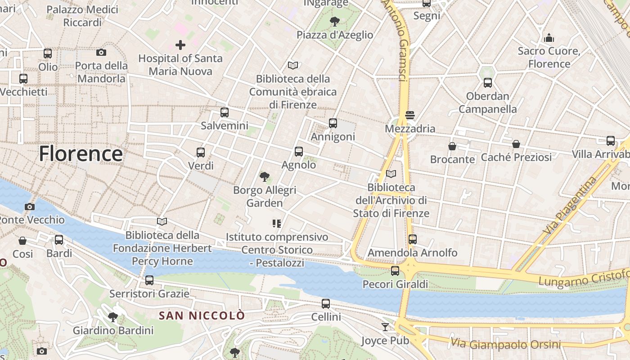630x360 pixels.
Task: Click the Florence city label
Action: [x=81, y=154]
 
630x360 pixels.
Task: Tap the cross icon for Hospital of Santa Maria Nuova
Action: [x=180, y=45]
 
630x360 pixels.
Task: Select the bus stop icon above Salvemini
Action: [x=224, y=112]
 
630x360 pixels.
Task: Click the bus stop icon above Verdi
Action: [x=201, y=153]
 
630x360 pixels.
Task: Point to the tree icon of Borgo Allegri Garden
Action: [x=265, y=177]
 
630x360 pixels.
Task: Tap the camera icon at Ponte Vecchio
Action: [x=30, y=207]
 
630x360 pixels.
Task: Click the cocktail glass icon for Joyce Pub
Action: [x=385, y=327]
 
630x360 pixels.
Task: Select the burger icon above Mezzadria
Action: [x=409, y=115]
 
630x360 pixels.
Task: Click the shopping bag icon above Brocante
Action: [x=452, y=146]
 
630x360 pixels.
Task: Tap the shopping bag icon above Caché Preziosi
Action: [x=516, y=144]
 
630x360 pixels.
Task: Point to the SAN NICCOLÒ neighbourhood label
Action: [x=202, y=315]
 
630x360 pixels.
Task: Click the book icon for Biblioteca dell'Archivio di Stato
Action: [x=391, y=174]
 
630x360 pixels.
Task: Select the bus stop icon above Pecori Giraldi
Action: [x=395, y=271]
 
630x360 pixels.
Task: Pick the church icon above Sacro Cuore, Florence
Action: [x=549, y=38]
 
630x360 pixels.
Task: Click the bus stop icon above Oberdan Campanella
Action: [x=488, y=83]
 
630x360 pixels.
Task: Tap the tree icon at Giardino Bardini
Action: [x=113, y=317]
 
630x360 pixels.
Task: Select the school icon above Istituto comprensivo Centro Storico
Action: [x=277, y=223]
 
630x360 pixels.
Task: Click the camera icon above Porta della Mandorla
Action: [x=101, y=53]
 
